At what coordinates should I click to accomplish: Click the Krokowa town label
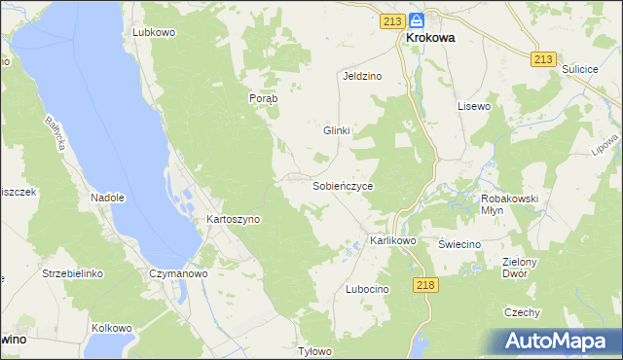[430, 40]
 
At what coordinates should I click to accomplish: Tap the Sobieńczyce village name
[343, 185]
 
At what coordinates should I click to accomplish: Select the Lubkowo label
[154, 32]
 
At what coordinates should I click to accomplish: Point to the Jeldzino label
[361, 75]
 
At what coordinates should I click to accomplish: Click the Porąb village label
[264, 98]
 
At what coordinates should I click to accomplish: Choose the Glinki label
[336, 130]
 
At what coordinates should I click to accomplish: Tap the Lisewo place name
[474, 106]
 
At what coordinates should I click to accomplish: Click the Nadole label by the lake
[108, 198]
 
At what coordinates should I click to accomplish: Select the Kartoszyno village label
[233, 220]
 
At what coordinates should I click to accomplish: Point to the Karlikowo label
[393, 240]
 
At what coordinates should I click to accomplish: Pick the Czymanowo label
[178, 274]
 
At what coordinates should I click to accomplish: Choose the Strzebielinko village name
[72, 274]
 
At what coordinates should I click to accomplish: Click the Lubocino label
[367, 290]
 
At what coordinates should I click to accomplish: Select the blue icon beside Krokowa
[417, 19]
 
